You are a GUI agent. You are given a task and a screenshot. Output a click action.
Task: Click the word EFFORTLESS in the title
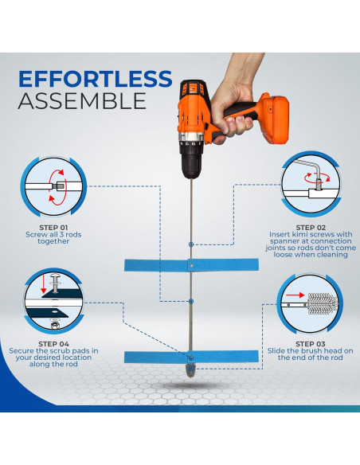pyautogui.click(x=96, y=79)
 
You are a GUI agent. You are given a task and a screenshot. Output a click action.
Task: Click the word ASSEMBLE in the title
pyautogui.click(x=82, y=101)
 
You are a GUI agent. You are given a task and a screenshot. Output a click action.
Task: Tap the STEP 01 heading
pyautogui.click(x=53, y=228)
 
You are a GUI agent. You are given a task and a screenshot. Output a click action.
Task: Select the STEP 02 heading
pyautogui.click(x=311, y=228)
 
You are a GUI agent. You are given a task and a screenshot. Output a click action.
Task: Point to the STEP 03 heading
pyautogui.click(x=311, y=344)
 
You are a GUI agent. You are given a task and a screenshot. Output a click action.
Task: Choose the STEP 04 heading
pyautogui.click(x=53, y=344)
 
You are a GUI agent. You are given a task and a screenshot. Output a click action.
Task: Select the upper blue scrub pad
pyautogui.click(x=191, y=265)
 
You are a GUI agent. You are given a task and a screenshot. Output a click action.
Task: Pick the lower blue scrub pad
pyautogui.click(x=191, y=357)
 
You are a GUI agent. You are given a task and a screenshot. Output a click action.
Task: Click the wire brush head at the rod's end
pyautogui.click(x=190, y=371)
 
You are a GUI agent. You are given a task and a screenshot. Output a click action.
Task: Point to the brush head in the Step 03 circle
pyautogui.click(x=323, y=304)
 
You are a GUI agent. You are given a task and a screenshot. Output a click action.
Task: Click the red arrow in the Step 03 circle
pyautogui.click(x=295, y=295)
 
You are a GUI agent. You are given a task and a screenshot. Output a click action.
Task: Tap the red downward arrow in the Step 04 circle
pyautogui.click(x=44, y=283)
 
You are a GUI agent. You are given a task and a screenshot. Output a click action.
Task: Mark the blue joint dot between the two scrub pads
pyautogui.click(x=191, y=301)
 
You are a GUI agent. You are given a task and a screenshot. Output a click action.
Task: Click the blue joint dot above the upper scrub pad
pyautogui.click(x=191, y=244)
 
